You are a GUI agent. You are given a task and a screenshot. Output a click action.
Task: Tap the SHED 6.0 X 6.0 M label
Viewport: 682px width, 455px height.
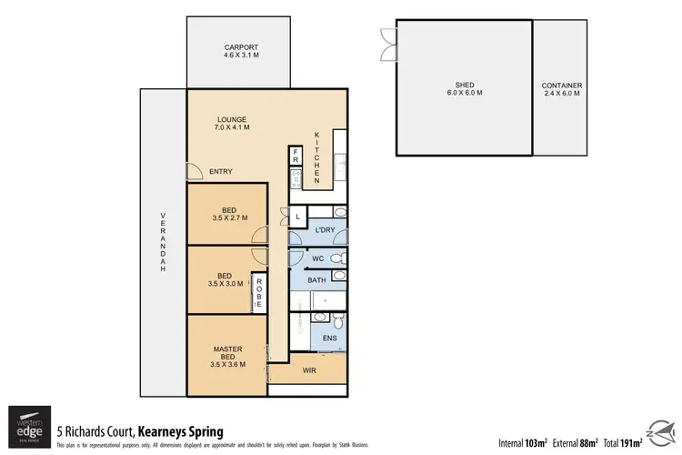click(464, 87)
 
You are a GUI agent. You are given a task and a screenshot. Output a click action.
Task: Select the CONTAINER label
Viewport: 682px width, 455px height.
click(561, 87)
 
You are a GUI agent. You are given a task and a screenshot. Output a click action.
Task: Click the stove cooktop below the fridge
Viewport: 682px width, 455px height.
click(296, 180)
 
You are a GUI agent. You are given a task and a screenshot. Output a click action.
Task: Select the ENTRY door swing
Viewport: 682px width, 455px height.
click(193, 171)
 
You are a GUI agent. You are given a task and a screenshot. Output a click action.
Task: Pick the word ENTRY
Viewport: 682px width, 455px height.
click(221, 171)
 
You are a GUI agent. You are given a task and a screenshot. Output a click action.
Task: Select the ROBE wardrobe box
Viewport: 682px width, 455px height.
click(259, 293)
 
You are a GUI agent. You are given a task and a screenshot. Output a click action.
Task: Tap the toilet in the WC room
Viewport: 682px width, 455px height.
click(337, 259)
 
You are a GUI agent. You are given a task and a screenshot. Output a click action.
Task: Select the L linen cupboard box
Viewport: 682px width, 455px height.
click(298, 216)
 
